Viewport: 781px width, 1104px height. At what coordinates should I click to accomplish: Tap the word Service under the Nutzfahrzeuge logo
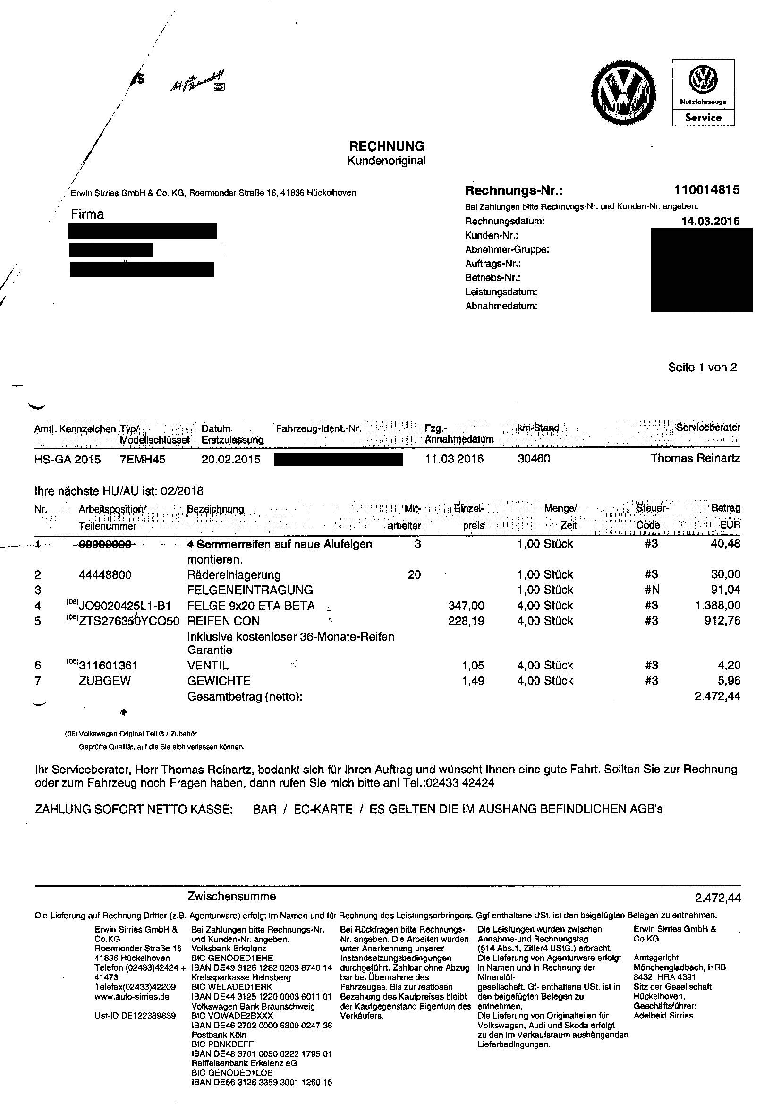pyautogui.click(x=703, y=117)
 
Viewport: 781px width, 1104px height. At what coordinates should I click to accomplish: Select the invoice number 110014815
pyautogui.click(x=707, y=190)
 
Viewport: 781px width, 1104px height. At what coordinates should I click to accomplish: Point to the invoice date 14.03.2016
pyautogui.click(x=710, y=221)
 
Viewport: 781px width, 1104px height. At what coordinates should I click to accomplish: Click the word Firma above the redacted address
pyautogui.click(x=87, y=214)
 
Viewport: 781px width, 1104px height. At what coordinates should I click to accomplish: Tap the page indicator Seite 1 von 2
pyautogui.click(x=702, y=368)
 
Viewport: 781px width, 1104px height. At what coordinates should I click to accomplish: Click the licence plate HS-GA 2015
pyautogui.click(x=68, y=459)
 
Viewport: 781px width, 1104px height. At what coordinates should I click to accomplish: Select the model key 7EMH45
pyautogui.click(x=142, y=459)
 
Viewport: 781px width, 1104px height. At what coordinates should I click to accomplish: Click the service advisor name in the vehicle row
pyautogui.click(x=695, y=458)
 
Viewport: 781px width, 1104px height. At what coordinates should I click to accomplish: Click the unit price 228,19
pyautogui.click(x=466, y=621)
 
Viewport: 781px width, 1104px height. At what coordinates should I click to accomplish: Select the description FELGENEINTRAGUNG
pyautogui.click(x=250, y=590)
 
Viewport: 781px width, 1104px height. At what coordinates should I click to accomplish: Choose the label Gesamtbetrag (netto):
pyautogui.click(x=245, y=696)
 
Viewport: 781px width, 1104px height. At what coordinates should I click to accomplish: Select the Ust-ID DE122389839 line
pyautogui.click(x=135, y=1016)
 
